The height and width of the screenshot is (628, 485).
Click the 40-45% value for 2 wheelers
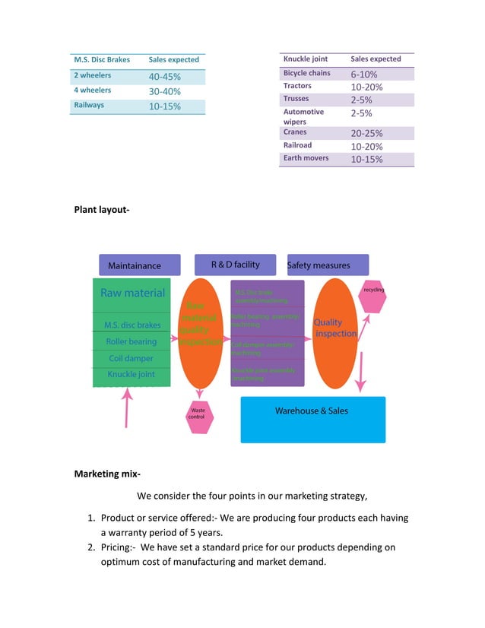pos(164,77)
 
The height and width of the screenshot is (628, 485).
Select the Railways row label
pos(89,106)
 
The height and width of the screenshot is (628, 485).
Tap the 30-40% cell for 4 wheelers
pos(164,91)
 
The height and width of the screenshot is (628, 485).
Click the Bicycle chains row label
pos(306,73)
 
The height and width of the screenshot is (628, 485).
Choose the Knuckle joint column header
pos(305,59)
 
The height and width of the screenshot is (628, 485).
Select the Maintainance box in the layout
pos(139,265)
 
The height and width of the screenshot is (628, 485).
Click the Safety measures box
pos(327,265)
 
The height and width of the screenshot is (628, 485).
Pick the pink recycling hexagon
pos(373,297)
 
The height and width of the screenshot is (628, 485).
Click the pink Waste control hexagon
pos(199,417)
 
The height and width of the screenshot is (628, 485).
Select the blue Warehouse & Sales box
pos(312,419)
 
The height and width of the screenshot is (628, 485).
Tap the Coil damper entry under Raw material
pos(131,358)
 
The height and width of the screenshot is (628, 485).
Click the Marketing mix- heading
pos(107,474)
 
